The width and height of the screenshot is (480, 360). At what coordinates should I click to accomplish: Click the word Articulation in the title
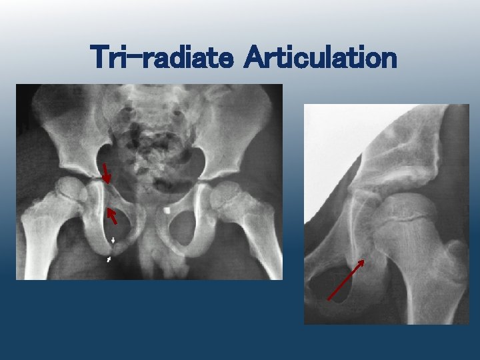pos(321,58)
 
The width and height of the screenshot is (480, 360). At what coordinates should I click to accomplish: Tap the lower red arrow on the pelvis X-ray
pos(112,215)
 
